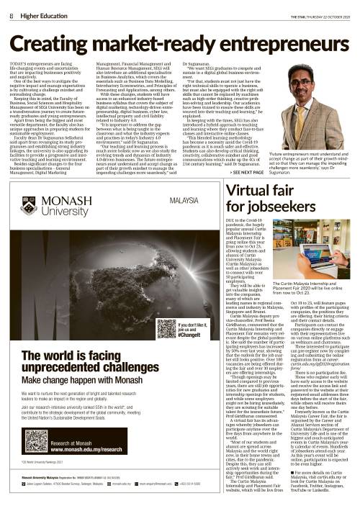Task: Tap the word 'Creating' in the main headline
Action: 57,42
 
